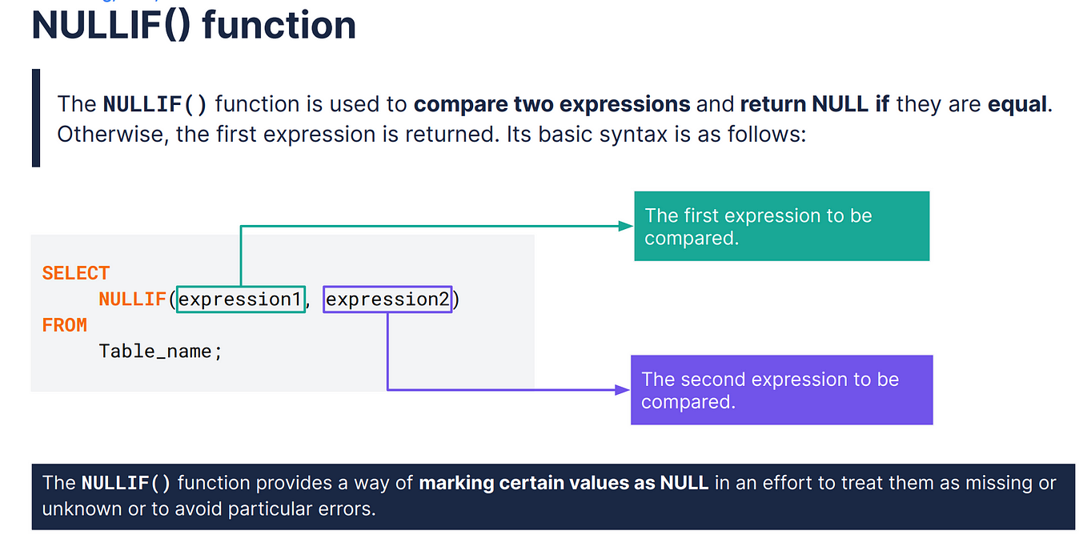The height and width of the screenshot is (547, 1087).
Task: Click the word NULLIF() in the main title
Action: pyautogui.click(x=111, y=26)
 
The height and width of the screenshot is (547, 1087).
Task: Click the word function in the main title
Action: pyautogui.click(x=279, y=25)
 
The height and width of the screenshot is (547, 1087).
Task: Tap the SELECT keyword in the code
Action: pyautogui.click(x=76, y=273)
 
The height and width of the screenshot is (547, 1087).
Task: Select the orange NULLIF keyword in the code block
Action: pyautogui.click(x=133, y=300)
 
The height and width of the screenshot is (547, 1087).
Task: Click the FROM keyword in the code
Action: pyautogui.click(x=65, y=325)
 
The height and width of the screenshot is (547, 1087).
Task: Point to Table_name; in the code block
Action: pyautogui.click(x=161, y=352)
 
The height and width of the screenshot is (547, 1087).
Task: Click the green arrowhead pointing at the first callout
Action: pyautogui.click(x=626, y=226)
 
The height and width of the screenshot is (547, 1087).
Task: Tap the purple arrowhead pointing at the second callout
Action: pyautogui.click(x=623, y=390)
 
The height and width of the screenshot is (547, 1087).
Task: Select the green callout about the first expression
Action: pyautogui.click(x=782, y=226)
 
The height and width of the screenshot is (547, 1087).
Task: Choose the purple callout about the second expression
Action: pyautogui.click(x=782, y=390)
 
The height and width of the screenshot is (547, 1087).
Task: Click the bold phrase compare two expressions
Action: pyautogui.click(x=552, y=104)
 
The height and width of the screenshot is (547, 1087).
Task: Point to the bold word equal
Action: pyautogui.click(x=1017, y=104)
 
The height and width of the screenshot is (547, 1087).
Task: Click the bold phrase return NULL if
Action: pyautogui.click(x=815, y=104)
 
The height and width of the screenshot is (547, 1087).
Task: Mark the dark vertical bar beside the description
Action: pyautogui.click(x=36, y=118)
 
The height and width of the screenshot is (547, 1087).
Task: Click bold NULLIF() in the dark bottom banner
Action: pyautogui.click(x=126, y=484)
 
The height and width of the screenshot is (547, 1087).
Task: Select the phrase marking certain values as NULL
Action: pyautogui.click(x=564, y=484)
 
